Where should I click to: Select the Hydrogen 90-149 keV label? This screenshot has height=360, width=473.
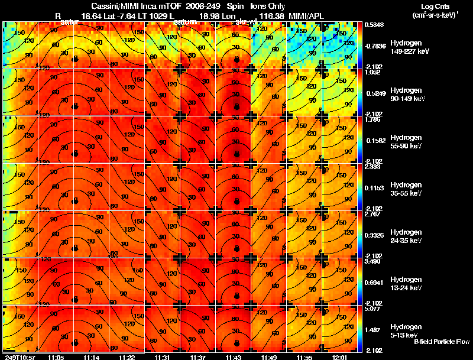[x=409, y=94]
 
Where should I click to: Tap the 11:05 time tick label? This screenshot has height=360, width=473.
[x=56, y=357]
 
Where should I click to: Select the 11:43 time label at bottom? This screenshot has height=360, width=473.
[x=234, y=357]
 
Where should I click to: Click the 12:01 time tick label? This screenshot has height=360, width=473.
[x=340, y=357]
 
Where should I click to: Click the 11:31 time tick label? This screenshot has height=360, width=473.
[x=162, y=357]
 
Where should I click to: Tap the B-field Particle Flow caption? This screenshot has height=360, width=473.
[x=442, y=342]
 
